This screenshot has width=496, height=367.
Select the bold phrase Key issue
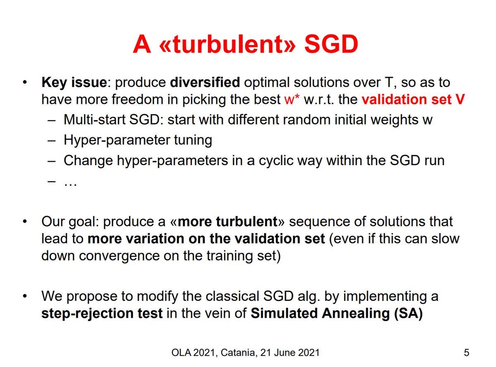point(74,82)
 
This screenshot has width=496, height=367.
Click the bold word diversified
point(205,82)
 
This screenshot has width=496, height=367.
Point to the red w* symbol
point(286,100)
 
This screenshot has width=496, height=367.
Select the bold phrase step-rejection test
point(102,313)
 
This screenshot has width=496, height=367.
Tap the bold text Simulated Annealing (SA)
point(336,313)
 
